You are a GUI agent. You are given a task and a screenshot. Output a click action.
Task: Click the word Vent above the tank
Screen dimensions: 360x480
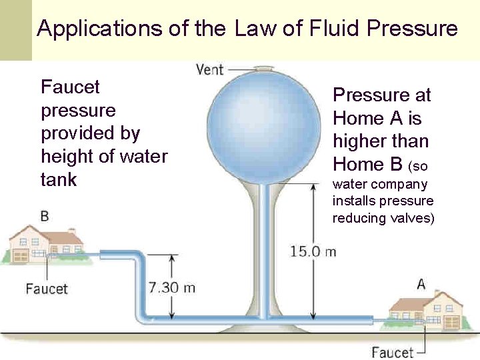210,69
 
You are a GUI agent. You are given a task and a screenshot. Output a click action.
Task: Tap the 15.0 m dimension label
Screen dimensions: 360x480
313,251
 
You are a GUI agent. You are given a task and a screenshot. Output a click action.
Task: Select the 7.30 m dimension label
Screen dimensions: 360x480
171,287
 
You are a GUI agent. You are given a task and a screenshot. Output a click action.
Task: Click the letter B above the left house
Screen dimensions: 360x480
45,217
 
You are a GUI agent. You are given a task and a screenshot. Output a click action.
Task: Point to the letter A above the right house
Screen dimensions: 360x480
421,284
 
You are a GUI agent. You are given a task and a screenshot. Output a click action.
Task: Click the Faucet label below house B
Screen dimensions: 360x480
47,289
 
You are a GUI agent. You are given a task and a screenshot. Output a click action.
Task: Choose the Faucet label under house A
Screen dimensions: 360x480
393,351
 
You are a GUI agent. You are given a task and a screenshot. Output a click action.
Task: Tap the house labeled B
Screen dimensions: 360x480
47,244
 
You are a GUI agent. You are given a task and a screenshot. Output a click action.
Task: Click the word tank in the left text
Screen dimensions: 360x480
59,179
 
